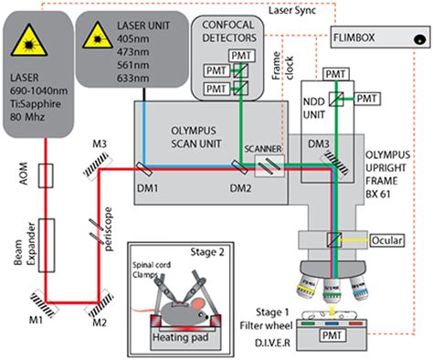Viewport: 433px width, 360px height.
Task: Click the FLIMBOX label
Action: point(354,37)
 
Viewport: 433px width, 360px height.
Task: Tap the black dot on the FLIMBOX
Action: point(419,39)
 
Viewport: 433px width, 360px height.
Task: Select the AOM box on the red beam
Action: point(46,175)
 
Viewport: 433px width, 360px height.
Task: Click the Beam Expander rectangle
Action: point(47,245)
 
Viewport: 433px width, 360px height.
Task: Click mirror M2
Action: point(100,304)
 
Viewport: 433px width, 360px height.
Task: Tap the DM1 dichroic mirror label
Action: point(148,188)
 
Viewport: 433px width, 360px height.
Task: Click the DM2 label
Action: point(240,188)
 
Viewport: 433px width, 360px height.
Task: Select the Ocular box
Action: point(387,240)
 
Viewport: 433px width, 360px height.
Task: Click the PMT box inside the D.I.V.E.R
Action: point(332,335)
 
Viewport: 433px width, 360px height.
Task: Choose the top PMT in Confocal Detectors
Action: point(242,56)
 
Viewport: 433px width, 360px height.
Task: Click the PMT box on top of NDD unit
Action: point(336,74)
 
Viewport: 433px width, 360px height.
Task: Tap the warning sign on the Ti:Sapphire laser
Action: point(29,41)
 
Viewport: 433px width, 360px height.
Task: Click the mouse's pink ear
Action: point(198,303)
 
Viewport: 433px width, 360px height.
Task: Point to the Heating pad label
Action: point(180,337)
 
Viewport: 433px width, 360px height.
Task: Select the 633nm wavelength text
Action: point(133,79)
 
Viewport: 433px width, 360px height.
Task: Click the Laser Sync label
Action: point(292,10)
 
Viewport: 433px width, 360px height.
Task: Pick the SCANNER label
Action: point(263,149)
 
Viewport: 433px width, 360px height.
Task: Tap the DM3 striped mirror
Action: point(335,165)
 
